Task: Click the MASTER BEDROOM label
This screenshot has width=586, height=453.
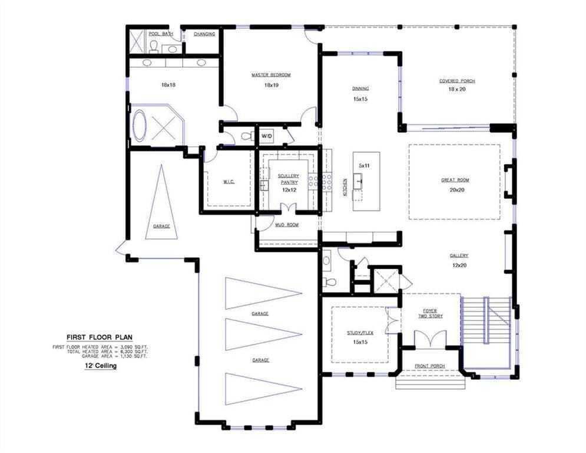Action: pos(271,75)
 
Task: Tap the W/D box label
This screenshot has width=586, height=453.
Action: pos(267,136)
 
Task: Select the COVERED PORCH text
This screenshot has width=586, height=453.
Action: pos(457,81)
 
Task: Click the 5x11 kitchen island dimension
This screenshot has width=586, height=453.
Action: pos(364,165)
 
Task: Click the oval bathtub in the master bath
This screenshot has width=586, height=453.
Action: pos(140,126)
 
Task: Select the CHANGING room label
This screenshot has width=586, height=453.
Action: pos(204,34)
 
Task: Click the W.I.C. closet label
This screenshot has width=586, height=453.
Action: pos(229,182)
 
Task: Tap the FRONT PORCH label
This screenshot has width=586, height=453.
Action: pos(429,366)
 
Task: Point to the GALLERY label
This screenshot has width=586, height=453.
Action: pos(459,255)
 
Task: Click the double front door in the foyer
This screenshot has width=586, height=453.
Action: pos(429,339)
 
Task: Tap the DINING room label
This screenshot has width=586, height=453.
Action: pos(360,88)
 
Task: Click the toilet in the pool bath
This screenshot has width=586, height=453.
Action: pos(155,46)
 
